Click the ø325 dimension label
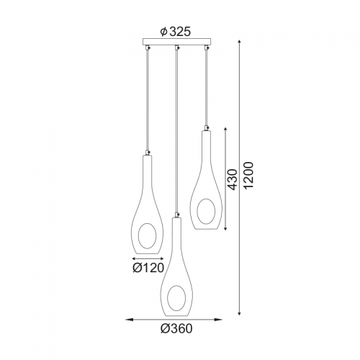176,32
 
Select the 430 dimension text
232,179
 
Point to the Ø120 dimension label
148,268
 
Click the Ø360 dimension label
176,328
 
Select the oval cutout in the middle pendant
176,298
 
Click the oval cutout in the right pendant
206,212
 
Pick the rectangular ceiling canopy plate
176,42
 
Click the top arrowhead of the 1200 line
239,42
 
